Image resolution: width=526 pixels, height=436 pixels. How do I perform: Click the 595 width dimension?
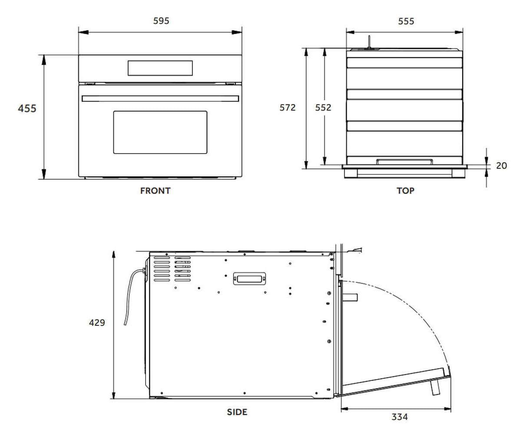[161, 21]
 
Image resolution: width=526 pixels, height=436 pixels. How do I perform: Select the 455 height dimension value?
[27, 108]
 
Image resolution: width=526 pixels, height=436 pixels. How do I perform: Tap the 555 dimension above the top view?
[406, 21]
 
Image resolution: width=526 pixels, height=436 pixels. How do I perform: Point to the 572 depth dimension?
[287, 108]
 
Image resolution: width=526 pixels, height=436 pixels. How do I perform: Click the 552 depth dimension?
[323, 108]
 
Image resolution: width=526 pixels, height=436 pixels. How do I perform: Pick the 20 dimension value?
[501, 166]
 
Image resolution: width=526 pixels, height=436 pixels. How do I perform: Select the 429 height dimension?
[97, 323]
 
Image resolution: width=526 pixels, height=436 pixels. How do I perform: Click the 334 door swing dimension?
[400, 417]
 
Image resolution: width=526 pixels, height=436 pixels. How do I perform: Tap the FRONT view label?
[155, 191]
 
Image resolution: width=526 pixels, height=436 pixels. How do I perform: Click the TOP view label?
[405, 191]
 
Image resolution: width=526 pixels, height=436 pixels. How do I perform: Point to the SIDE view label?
[237, 412]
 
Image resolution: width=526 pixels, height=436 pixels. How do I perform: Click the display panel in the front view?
[160, 68]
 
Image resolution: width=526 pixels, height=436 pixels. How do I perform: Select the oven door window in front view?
[160, 132]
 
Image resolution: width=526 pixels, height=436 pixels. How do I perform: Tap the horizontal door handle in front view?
[160, 98]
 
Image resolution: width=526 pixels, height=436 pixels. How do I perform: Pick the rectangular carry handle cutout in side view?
[249, 279]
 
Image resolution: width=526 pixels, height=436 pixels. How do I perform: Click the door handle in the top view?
[405, 162]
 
